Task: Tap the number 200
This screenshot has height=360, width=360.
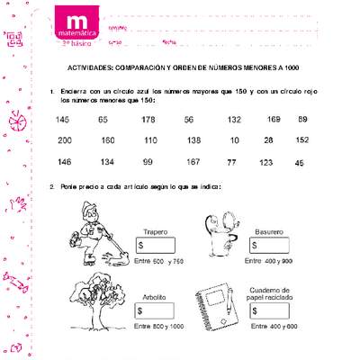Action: [64, 140]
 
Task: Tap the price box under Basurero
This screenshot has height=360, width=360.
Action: [269, 245]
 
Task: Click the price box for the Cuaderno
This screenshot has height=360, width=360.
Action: [269, 311]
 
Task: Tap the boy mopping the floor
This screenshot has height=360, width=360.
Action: [90, 234]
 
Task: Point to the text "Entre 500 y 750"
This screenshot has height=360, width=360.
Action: [157, 261]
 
